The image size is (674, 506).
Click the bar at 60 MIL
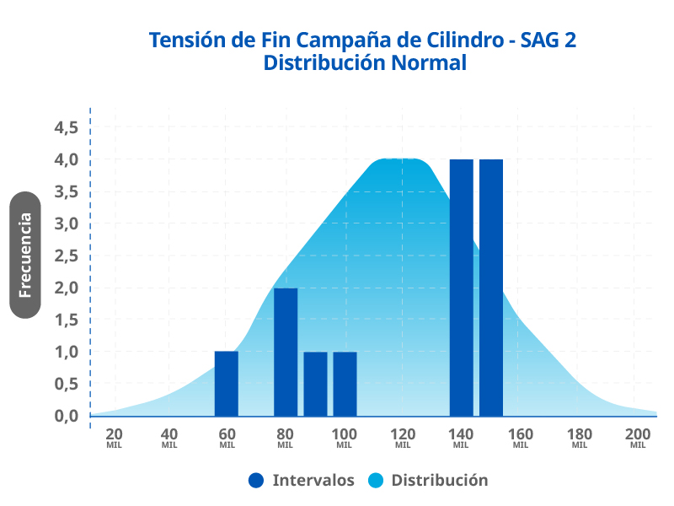[227, 384]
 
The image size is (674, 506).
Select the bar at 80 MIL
[286, 352]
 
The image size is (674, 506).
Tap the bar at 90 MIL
[315, 384]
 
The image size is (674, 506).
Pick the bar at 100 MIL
[345, 384]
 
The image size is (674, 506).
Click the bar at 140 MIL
[461, 288]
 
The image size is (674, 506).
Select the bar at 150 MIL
[491, 288]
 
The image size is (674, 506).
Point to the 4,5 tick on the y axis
[66, 127]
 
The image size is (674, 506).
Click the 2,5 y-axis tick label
[66, 256]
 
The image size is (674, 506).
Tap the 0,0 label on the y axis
[66, 416]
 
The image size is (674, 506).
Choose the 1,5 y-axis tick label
[66, 320]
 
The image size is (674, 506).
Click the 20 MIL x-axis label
[115, 437]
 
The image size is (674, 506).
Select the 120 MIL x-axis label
[403, 437]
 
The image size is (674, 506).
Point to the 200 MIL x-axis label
[638, 437]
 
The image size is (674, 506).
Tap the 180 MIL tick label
[579, 437]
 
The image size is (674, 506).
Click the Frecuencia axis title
[25, 255]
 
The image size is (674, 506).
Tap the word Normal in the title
[425, 62]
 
